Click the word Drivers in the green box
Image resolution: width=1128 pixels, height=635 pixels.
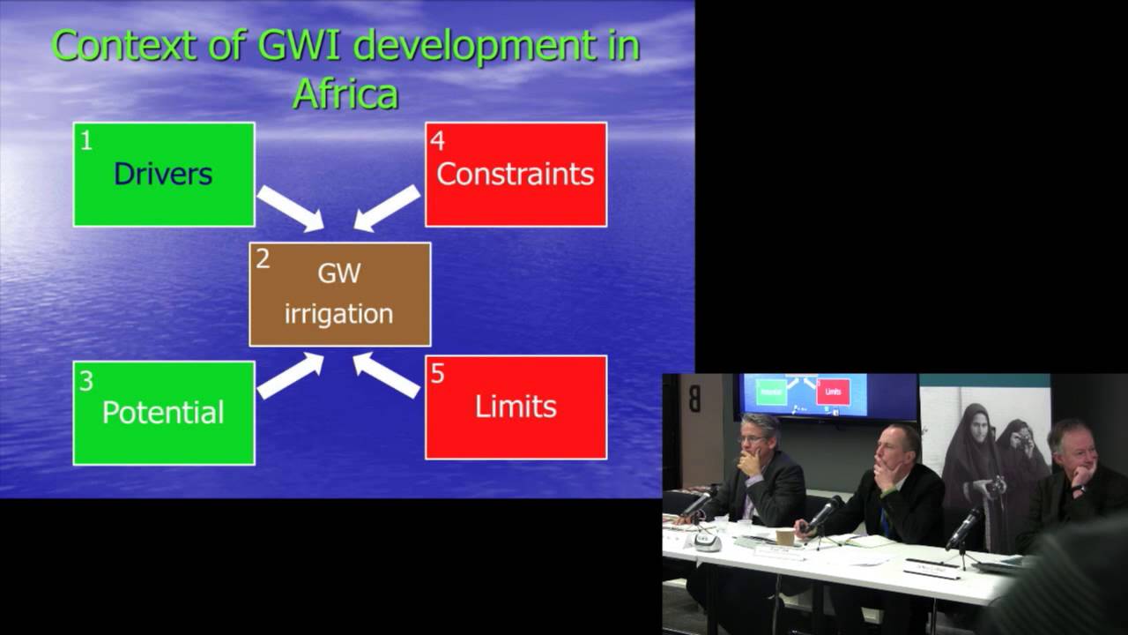[163, 174]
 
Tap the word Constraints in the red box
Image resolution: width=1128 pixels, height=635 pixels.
[516, 174]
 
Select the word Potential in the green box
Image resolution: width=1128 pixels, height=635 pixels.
[163, 412]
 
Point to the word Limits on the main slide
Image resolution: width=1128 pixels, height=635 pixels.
[516, 407]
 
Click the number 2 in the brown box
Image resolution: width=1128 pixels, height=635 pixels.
[263, 259]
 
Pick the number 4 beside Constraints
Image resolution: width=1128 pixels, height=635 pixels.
[437, 139]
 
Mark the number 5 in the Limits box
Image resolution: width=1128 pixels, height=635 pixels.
[437, 374]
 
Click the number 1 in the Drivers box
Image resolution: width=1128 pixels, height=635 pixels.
[85, 140]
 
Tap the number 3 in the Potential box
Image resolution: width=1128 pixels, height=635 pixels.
[86, 380]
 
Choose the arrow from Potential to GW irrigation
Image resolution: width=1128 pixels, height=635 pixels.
[291, 376]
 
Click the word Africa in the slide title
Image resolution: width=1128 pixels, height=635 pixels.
[345, 93]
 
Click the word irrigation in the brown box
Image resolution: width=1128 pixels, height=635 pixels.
[338, 313]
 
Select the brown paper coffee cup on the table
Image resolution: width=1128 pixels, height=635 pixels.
[784, 536]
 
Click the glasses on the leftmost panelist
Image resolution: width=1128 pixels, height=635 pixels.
[751, 438]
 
